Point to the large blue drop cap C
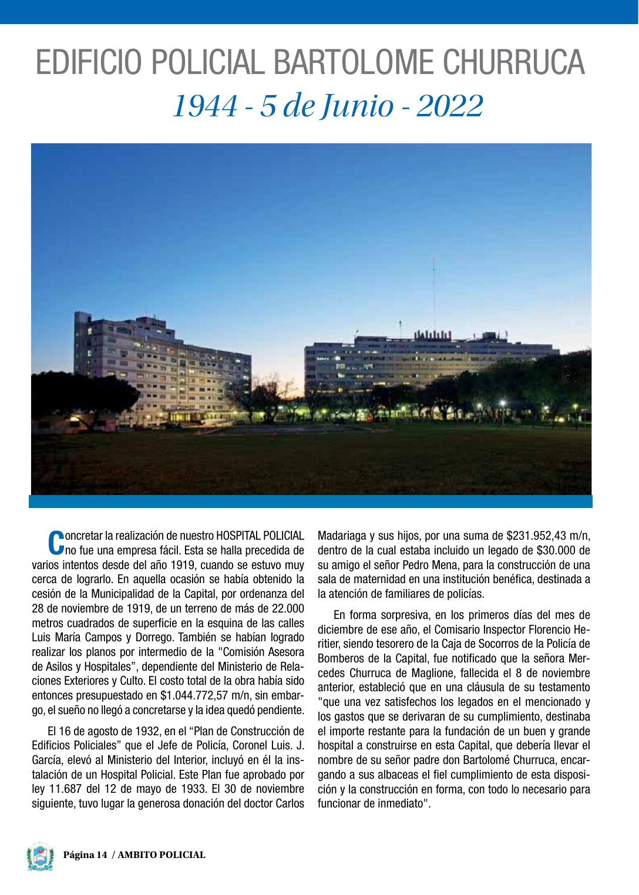click(55, 542)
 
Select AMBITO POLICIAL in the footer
click(162, 855)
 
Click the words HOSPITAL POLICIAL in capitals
click(260, 536)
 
